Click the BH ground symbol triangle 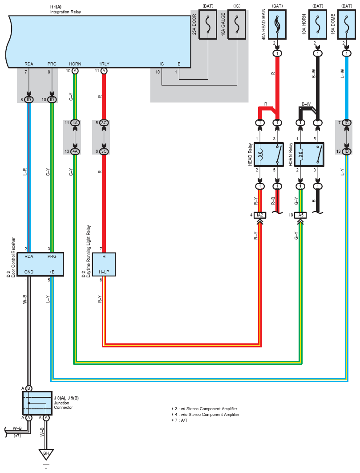coord(45,455)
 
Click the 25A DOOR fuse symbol coord(208,26)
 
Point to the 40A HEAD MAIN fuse coord(277,26)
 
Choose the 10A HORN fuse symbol coord(317,26)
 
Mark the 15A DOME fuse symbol coord(347,26)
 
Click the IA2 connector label coord(260,215)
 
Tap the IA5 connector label coord(301,215)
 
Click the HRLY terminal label coord(104,64)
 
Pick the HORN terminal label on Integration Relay coord(75,64)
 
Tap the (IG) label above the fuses coord(236,6)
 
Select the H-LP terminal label coord(104,272)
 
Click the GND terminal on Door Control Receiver coord(29,272)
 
